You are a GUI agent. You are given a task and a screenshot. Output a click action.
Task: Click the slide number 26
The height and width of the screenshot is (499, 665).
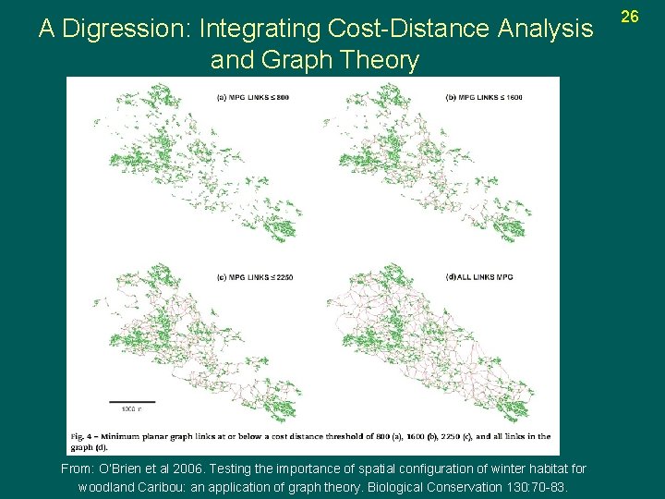tap(630, 17)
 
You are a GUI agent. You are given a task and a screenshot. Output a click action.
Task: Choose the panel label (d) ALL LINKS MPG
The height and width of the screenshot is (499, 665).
tap(479, 277)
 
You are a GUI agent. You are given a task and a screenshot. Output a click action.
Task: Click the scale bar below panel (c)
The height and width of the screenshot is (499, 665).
tap(138, 402)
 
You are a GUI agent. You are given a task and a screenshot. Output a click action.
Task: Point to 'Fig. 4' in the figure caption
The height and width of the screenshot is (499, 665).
tap(84, 436)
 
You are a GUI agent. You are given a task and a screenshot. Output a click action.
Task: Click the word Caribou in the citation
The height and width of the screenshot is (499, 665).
tap(165, 487)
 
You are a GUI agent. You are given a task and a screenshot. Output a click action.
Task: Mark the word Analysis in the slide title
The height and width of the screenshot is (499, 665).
tap(543, 30)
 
